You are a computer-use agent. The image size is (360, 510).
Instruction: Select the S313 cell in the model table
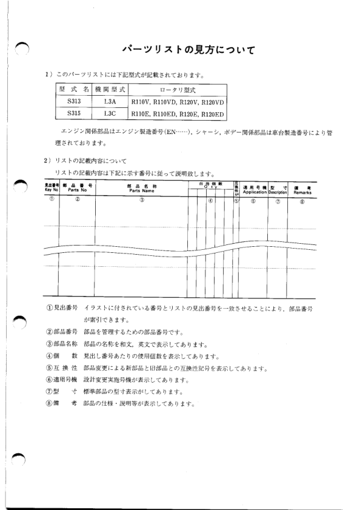coord(74,101)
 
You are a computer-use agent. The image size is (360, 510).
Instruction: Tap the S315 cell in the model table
coord(74,113)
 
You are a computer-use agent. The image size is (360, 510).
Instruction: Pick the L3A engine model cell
coord(110,101)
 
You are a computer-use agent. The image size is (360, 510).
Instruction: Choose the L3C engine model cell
coord(110,113)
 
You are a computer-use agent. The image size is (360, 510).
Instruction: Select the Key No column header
coord(51,188)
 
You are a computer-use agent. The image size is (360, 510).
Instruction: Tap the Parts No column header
coord(77,188)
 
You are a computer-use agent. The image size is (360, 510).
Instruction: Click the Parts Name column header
coord(142,188)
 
